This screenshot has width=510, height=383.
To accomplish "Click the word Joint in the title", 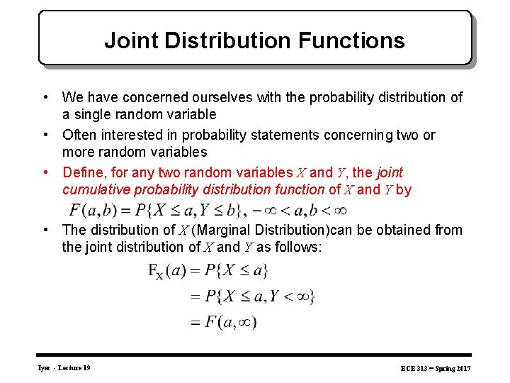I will (132, 40).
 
